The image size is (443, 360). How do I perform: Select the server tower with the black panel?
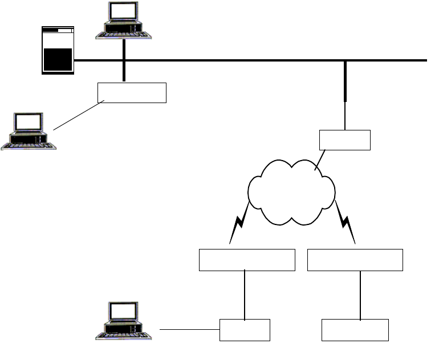[x=58, y=50]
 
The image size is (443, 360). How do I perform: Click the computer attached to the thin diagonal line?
[x=29, y=131]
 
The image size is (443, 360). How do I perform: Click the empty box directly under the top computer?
[x=132, y=92]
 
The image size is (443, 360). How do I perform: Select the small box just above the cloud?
[x=345, y=140]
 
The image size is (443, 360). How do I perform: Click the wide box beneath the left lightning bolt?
[x=247, y=260]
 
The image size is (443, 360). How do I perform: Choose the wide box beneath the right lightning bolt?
[x=355, y=260]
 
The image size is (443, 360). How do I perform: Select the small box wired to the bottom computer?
[x=245, y=330]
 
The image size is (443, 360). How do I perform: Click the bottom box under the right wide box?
[x=355, y=330]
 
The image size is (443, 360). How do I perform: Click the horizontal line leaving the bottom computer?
[x=189, y=329]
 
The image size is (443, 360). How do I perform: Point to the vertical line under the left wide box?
[x=245, y=294]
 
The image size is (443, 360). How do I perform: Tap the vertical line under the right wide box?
[x=360, y=294]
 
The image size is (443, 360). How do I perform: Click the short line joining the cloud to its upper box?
[x=320, y=160]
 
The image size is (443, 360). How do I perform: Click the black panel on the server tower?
[x=58, y=59]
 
